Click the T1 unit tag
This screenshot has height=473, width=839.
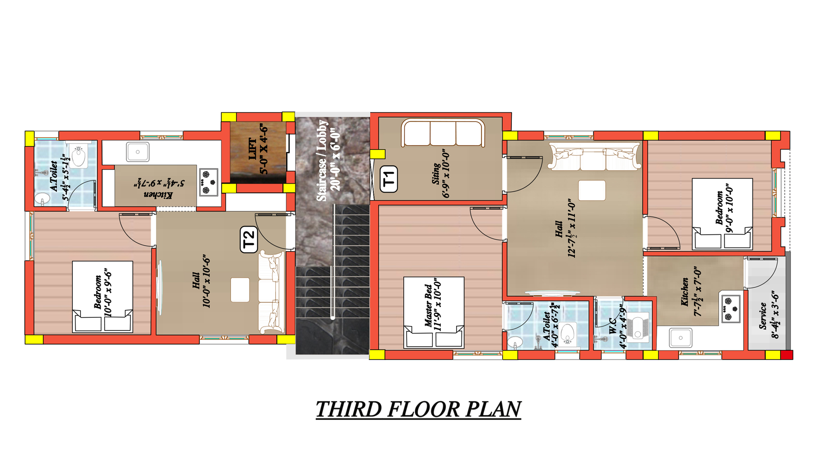coord(389,179)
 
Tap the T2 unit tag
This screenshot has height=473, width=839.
coord(249,240)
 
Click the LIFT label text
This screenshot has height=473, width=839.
coord(253,149)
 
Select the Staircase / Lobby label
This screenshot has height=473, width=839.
coord(322,160)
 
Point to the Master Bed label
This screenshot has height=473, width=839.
coord(428,305)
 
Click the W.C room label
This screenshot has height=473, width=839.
coord(612,326)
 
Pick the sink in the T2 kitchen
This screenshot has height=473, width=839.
coord(138,152)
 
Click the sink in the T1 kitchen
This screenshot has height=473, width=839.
coord(681,338)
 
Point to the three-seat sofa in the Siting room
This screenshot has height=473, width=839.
coord(443,133)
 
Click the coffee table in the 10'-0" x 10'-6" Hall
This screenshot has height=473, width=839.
coord(240,290)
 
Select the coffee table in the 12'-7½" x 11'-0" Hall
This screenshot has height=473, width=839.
coord(592,190)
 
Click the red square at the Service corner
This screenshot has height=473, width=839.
coord(787,355)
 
